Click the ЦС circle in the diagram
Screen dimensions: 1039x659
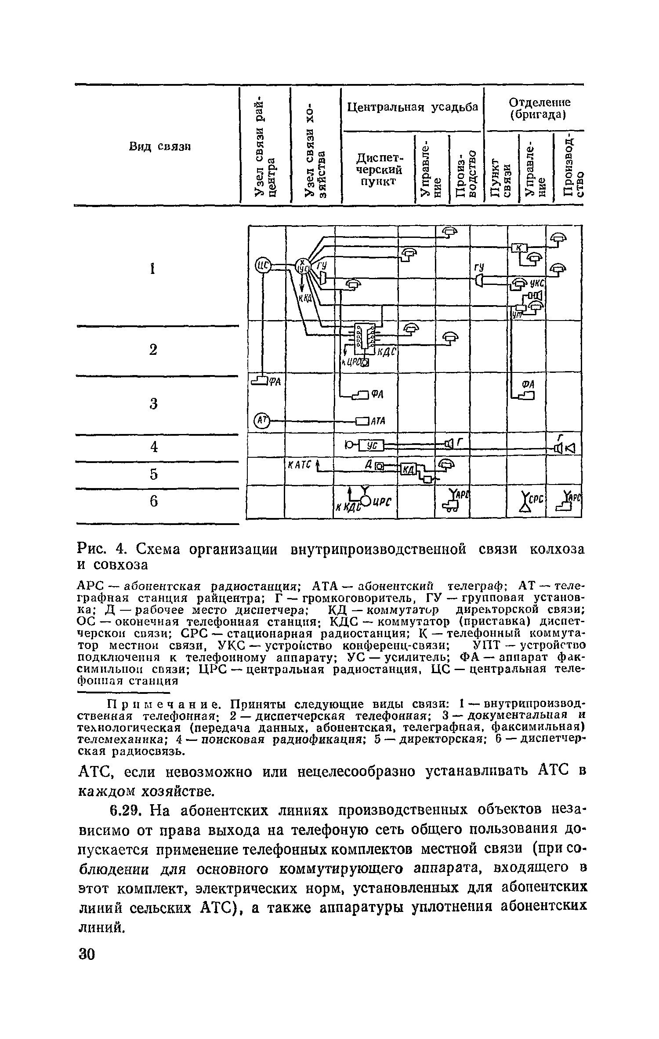coord(262,265)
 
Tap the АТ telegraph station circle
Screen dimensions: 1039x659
coord(262,421)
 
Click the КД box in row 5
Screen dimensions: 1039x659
coord(408,470)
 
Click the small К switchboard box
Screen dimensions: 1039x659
coord(520,248)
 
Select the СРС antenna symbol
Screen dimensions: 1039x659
coord(525,502)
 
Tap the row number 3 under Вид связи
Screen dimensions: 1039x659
coord(153,403)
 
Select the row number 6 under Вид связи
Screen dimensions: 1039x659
coord(153,501)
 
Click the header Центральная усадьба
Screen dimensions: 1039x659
coord(413,107)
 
